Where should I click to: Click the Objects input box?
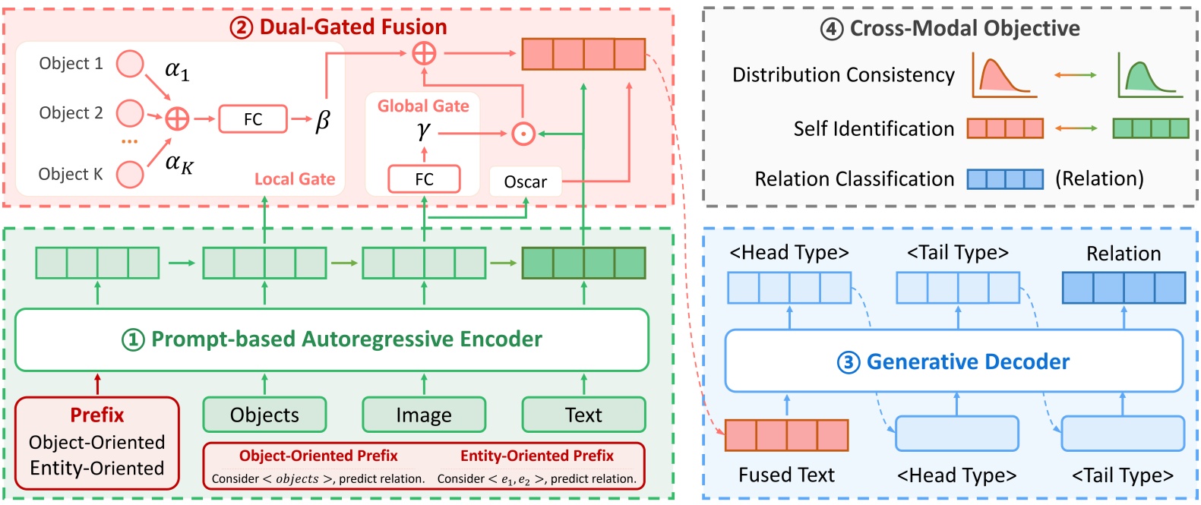[x=264, y=415]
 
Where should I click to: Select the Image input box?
[x=424, y=415]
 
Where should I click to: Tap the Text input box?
[x=583, y=415]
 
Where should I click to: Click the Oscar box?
[x=525, y=181]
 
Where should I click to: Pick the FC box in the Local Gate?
[x=253, y=119]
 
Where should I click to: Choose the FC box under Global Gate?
[x=424, y=179]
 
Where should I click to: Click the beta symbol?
[x=323, y=120]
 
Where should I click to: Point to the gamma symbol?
[x=423, y=131]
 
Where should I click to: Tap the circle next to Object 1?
[x=130, y=64]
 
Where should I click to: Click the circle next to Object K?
[x=130, y=174]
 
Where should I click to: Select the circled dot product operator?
[x=523, y=134]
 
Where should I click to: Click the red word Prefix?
[x=96, y=415]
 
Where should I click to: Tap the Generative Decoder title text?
[x=967, y=361]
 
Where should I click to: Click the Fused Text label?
[x=786, y=475]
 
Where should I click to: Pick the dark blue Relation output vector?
[x=1123, y=288]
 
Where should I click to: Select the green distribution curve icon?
[x=1149, y=77]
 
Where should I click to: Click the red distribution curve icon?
[x=1004, y=77]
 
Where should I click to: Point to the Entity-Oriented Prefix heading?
[x=536, y=456]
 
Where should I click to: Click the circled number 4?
[x=832, y=29]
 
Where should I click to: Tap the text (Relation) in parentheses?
[x=1099, y=178]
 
